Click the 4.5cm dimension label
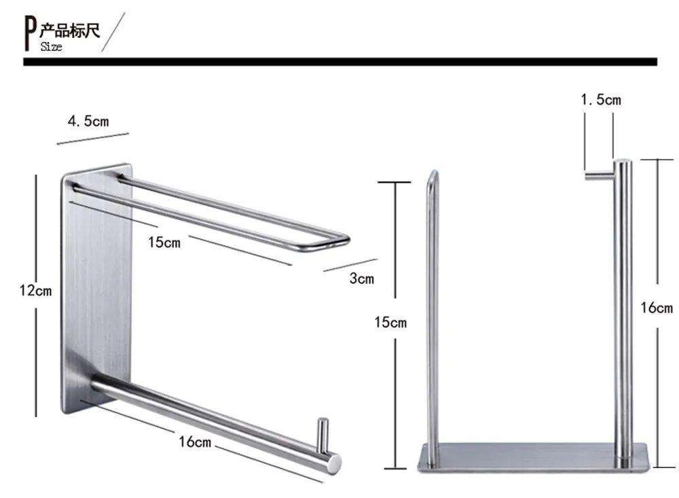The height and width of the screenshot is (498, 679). pos(88,121)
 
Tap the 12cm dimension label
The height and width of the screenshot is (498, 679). pos(35,290)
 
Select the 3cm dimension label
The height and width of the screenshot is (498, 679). pos(362,279)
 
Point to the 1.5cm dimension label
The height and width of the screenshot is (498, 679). pos(601,100)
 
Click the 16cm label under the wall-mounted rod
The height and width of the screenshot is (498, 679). pos(195,442)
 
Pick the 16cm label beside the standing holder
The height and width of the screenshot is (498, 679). pos(657,308)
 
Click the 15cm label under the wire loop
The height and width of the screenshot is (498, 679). pos(164,242)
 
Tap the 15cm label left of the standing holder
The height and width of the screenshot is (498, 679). pos(390,322)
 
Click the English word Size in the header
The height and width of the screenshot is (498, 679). pos(51,46)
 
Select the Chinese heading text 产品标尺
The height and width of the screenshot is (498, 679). pos(70,31)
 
